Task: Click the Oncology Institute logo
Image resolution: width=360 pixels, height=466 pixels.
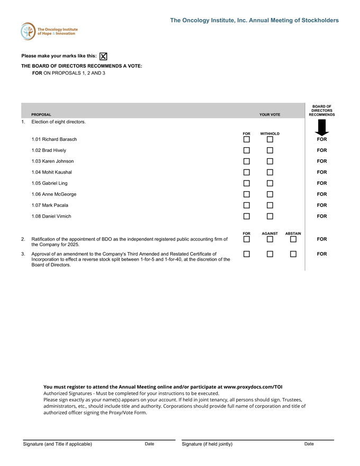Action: point(49,31)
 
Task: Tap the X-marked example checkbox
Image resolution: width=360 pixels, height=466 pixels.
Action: point(103,56)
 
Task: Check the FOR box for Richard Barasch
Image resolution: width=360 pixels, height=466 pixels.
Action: point(247,139)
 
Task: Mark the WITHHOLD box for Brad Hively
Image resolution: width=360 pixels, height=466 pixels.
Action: point(270,150)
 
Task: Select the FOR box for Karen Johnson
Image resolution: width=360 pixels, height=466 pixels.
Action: point(247,161)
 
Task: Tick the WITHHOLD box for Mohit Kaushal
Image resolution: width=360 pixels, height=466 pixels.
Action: point(270,172)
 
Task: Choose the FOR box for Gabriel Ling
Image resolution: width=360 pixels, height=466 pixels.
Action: point(247,183)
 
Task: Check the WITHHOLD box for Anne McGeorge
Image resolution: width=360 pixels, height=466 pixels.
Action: point(270,194)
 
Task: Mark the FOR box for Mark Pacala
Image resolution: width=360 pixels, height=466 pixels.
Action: point(247,205)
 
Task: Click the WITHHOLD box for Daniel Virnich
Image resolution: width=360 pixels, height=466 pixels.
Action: point(270,216)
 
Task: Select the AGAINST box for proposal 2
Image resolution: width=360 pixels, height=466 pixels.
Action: point(270,239)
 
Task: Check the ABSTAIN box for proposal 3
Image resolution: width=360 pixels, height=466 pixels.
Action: point(293,254)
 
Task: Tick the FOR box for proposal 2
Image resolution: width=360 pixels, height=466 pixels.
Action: point(247,239)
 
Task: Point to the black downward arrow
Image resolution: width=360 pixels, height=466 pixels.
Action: point(321,128)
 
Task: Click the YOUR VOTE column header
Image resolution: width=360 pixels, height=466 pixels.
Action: point(270,114)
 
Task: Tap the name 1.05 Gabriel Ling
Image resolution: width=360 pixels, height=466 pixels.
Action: point(49,183)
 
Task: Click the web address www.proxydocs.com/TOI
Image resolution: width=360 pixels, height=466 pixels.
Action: point(253,387)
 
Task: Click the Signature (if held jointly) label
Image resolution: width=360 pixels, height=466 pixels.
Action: point(207,444)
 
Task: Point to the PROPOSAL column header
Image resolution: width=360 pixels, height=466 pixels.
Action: point(41,114)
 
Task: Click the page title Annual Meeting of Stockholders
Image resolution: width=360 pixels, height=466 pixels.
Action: point(254,20)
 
